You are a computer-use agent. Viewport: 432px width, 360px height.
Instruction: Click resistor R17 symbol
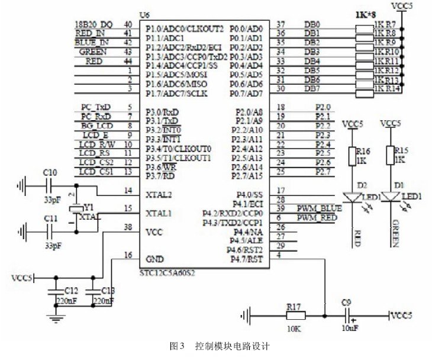[x=294, y=315]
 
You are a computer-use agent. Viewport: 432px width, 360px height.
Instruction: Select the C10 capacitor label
[x=50, y=172]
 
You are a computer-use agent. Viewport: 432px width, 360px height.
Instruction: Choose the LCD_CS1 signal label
[x=96, y=172]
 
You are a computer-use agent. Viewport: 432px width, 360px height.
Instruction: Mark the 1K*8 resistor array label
[x=383, y=12]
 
